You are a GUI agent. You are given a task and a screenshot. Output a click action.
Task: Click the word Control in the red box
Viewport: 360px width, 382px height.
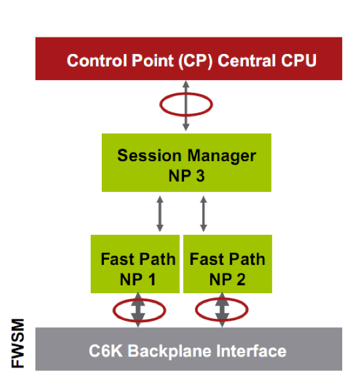click(x=97, y=60)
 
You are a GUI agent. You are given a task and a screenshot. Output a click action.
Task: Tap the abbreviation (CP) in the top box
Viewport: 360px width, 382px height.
click(x=196, y=61)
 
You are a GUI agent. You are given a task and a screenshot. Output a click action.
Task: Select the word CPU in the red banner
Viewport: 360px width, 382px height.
click(x=299, y=60)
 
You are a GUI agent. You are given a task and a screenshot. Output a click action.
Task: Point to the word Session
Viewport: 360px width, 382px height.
click(x=149, y=155)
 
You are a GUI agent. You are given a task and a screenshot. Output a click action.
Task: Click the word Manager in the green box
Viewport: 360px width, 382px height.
click(x=222, y=156)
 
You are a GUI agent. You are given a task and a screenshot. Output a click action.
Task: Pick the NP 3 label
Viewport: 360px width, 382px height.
click(x=187, y=176)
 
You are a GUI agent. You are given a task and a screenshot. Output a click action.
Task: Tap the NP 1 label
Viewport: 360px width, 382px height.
click(x=137, y=279)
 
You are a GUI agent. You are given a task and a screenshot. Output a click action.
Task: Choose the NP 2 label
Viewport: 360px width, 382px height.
click(x=227, y=279)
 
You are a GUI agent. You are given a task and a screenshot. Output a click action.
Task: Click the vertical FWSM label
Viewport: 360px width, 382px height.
click(x=18, y=343)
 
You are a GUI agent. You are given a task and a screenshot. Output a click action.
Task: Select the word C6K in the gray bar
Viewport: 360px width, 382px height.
click(x=105, y=351)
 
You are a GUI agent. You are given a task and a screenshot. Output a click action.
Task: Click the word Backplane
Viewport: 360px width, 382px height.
click(x=169, y=352)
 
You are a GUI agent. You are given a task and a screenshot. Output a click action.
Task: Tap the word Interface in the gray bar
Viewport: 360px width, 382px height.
click(x=251, y=351)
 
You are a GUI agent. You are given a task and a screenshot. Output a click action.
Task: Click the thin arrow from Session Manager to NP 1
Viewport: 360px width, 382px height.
click(x=160, y=214)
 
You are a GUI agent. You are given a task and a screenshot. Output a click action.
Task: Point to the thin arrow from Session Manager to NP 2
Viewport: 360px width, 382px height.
click(x=204, y=214)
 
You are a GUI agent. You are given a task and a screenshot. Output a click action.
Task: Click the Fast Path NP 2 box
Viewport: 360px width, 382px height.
click(x=227, y=264)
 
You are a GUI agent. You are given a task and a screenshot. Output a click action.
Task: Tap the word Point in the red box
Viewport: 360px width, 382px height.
click(x=153, y=60)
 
